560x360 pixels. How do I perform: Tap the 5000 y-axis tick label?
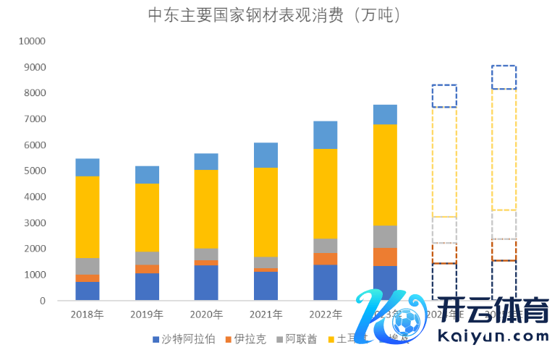34,171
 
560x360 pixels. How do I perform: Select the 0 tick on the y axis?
43,301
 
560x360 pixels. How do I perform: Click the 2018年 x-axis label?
87,314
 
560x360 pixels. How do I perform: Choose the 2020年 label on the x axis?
206,314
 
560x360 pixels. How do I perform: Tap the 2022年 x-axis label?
325,314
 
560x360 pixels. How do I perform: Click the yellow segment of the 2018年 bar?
88,217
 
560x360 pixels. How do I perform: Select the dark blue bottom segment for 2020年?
206,283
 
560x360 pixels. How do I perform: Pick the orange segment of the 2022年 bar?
325,259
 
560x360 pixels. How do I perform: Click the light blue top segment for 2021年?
266,155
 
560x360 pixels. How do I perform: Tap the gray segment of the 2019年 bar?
147,258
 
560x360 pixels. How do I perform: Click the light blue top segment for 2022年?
325,134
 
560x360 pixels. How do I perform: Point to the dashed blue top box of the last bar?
504,77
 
